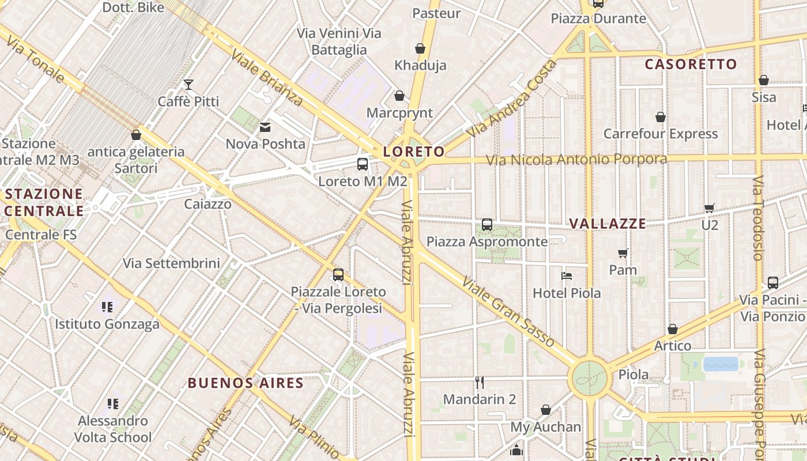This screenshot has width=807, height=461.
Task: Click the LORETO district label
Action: point(414,152)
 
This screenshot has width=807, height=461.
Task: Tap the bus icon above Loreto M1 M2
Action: point(363,164)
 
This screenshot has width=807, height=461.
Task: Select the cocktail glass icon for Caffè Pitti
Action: point(188,85)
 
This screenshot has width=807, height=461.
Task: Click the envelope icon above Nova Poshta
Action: point(265,127)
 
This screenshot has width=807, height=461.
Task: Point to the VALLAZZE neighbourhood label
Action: point(607,224)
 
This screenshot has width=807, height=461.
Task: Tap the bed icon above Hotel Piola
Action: point(567,276)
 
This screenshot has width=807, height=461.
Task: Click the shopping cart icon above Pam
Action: point(623,253)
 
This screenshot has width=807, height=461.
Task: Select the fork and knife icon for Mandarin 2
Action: point(479,381)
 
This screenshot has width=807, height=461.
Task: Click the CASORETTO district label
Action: point(691,64)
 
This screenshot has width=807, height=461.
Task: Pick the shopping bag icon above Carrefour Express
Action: point(661,117)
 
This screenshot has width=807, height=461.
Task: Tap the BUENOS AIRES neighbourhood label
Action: point(246,383)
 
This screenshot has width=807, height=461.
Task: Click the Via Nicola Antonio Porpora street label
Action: point(576,159)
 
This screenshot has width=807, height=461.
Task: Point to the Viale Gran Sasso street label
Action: point(508,312)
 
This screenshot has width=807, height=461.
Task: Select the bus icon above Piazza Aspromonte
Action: point(487,225)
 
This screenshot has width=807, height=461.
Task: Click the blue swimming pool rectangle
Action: point(721,364)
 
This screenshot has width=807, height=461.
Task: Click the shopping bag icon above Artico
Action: point(672,329)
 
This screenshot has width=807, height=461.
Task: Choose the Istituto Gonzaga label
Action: point(107,324)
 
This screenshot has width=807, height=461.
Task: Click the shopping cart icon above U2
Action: point(709,208)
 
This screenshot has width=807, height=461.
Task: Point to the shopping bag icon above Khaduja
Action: point(420,48)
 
